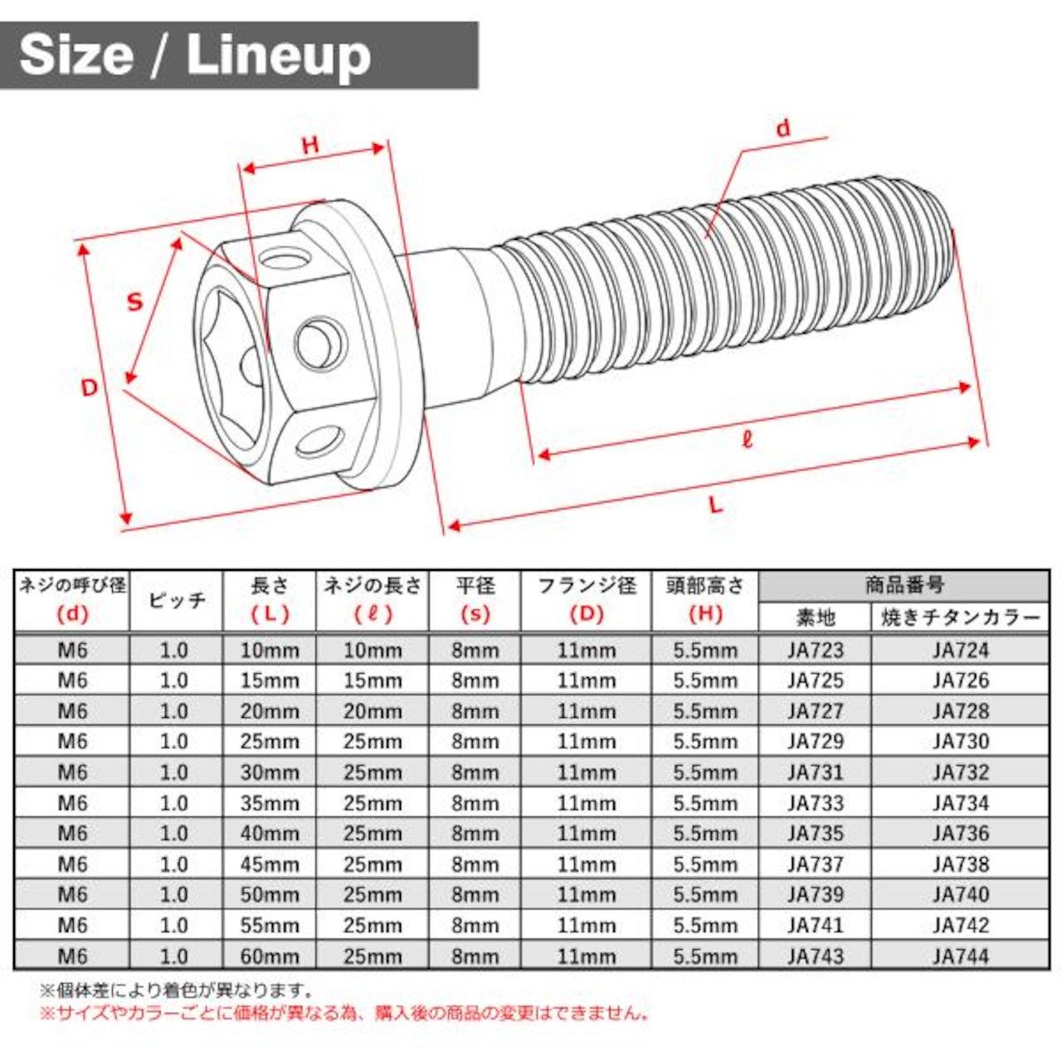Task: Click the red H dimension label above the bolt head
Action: click(x=310, y=145)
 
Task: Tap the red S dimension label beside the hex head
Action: click(x=135, y=302)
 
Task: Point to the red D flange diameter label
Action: click(x=89, y=388)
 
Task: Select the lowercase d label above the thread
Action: click(x=782, y=129)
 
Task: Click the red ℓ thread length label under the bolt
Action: click(x=747, y=439)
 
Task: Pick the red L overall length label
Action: click(x=716, y=504)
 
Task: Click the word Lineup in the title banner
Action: click(x=279, y=57)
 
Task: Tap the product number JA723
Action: click(x=815, y=650)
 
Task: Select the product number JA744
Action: click(x=961, y=956)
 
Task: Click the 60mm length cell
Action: click(x=270, y=956)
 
